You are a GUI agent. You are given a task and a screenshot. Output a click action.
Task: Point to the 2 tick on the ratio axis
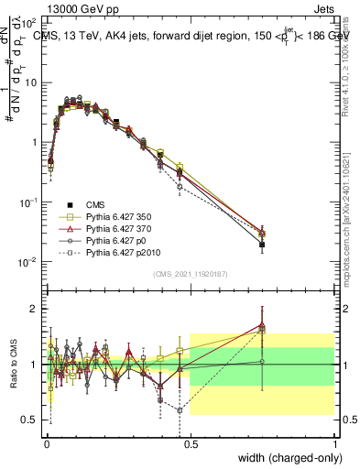[x=36, y=310]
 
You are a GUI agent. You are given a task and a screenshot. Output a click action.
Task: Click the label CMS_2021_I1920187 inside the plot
[x=190, y=273]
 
